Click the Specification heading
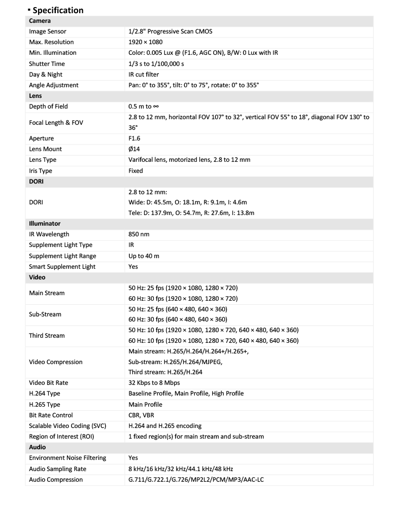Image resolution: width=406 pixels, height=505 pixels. tap(58, 10)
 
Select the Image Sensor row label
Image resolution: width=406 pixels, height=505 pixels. tap(48, 31)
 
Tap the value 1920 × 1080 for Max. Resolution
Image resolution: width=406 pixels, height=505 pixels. tap(146, 42)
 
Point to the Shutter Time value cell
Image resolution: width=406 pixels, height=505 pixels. tap(156, 64)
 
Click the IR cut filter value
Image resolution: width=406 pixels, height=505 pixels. tap(144, 75)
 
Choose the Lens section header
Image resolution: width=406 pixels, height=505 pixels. tap(36, 96)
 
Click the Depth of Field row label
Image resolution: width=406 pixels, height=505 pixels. tap(48, 106)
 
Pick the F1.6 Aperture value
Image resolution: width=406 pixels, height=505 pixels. tap(134, 138)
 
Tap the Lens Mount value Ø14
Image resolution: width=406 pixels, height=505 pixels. tap(134, 149)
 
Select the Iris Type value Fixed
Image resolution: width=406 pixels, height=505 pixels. tap(136, 171)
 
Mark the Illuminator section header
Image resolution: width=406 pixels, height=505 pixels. tap(45, 224)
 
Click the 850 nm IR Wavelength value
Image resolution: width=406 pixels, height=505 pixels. tap(139, 234)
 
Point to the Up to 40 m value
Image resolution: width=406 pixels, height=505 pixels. tap(144, 256)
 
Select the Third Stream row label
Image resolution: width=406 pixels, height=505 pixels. tap(47, 336)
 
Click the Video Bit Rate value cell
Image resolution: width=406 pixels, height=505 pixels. tap(154, 383)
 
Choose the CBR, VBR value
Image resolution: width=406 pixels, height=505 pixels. tap(142, 415)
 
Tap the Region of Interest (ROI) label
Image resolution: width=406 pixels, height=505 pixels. tap(61, 437)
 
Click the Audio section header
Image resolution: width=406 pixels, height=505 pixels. tap(37, 447)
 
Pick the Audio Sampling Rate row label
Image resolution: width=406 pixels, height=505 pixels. tap(57, 469)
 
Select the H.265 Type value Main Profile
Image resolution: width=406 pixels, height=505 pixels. tap(146, 405)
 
